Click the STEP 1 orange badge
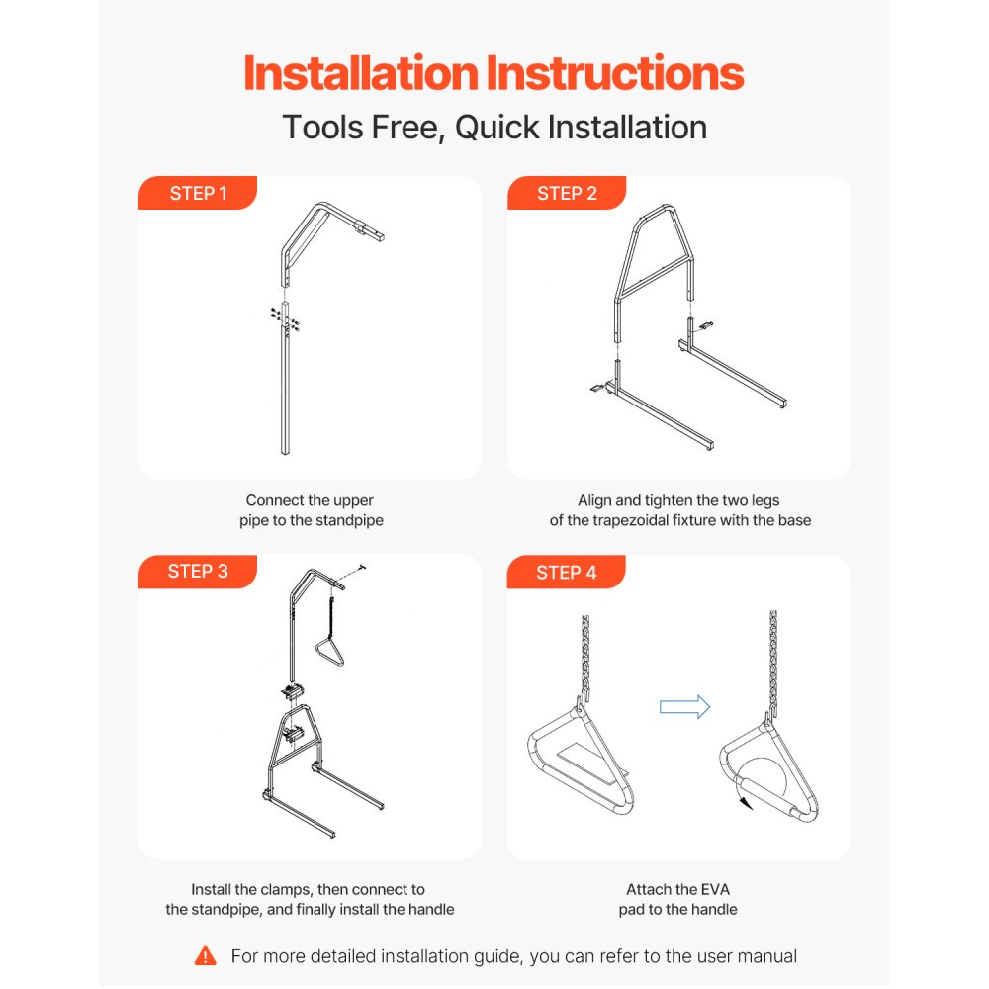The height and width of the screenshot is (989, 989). (198, 194)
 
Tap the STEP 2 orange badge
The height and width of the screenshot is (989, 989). (567, 194)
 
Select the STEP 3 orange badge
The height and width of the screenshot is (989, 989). (198, 572)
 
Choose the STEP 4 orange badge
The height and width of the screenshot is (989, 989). (567, 573)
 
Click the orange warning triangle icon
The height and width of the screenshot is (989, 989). (206, 955)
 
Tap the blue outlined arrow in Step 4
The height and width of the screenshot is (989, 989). (684, 706)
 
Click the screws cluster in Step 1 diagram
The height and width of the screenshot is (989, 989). (285, 318)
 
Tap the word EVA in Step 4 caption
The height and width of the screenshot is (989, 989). (711, 890)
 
